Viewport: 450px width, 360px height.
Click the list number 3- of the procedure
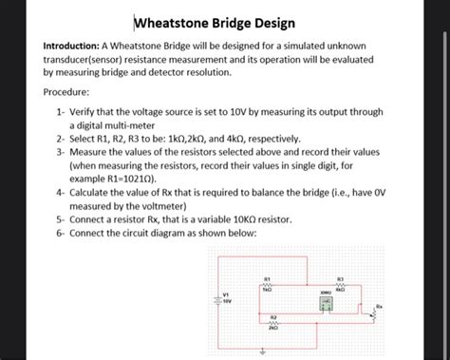pos(60,151)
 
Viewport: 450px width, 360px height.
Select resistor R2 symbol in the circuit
pos(273,324)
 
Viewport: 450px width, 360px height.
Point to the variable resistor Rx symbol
pos(372,314)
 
